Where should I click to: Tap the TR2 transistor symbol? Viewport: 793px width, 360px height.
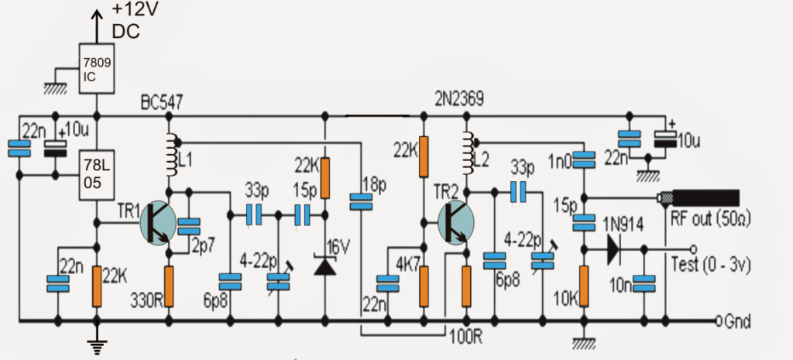[x=456, y=221]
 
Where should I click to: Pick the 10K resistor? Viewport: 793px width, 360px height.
[x=583, y=286]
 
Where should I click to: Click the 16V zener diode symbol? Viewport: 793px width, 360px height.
[x=325, y=266]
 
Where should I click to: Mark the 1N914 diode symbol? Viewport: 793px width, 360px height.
[x=613, y=249]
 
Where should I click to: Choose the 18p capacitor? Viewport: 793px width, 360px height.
[x=360, y=202]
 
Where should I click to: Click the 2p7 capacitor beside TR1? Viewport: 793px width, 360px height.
[x=188, y=226]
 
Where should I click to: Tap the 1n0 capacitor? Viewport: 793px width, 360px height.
[x=583, y=159]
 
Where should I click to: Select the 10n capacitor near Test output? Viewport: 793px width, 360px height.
[x=643, y=284]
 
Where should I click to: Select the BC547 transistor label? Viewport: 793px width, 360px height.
[x=165, y=102]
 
